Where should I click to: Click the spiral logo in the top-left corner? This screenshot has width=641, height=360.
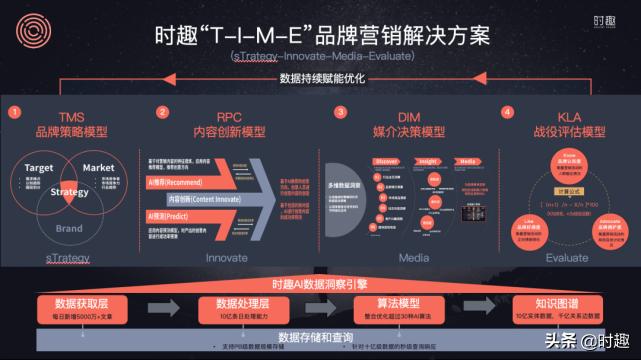pos(27,26)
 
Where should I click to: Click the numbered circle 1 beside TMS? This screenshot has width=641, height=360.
pos(14,113)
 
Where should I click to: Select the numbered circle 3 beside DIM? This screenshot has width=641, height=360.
pos(339,112)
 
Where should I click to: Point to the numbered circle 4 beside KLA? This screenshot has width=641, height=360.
pos(507,112)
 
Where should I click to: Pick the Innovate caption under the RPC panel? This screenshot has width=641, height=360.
pos(226,257)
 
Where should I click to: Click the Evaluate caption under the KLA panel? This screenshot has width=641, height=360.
pos(569,257)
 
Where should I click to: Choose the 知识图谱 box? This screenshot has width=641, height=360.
pos(557,306)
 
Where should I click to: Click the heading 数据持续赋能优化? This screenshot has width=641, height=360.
pos(320,78)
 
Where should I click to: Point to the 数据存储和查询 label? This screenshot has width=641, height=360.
pos(318,336)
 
